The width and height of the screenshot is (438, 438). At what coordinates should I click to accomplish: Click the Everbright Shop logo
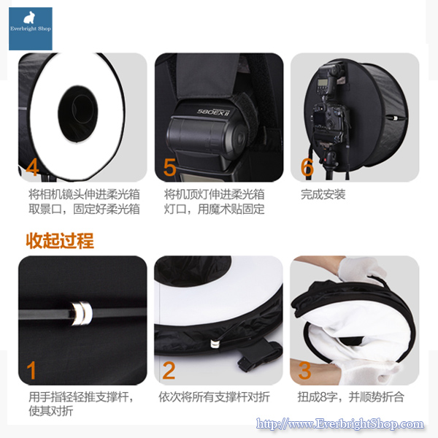[x=31, y=28]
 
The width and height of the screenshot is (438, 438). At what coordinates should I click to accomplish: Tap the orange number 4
[x=31, y=167]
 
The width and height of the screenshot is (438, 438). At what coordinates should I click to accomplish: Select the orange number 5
[x=169, y=167]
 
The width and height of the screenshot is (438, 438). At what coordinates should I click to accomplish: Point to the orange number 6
[x=307, y=167]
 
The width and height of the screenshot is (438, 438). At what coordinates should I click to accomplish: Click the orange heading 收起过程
[x=60, y=240]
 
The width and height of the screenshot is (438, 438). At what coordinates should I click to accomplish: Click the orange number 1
[x=31, y=371]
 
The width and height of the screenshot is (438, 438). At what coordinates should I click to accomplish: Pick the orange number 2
[x=169, y=371]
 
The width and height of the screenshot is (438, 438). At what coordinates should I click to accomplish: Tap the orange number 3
[x=305, y=371]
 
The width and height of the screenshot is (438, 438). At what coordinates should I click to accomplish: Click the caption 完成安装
[x=323, y=194]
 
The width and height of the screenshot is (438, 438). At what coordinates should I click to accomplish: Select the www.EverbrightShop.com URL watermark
[x=342, y=424]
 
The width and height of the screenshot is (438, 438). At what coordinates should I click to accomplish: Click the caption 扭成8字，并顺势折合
[x=351, y=397]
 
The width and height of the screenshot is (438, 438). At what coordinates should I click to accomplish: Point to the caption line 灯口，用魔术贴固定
[x=214, y=210]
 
